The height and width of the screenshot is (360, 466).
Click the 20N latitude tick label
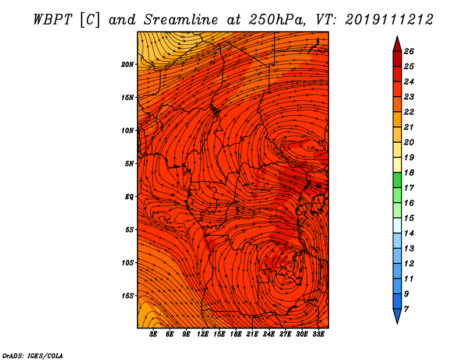[x=128, y=65]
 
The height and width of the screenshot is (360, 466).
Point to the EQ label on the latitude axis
[x=129, y=197]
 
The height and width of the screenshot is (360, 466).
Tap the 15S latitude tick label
[x=128, y=296]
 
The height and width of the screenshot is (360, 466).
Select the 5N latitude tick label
[x=129, y=164]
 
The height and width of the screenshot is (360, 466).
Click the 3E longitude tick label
[x=153, y=334]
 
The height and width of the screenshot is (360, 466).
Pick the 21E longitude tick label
[x=252, y=334]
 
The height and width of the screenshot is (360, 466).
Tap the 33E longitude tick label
[x=318, y=334]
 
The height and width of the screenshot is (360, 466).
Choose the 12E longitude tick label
[x=202, y=334]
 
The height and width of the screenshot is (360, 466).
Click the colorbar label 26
[x=409, y=51]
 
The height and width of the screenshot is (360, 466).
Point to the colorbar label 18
[x=409, y=172]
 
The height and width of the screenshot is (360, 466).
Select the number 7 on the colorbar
[x=406, y=309]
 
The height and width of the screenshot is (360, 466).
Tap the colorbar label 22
[x=409, y=112]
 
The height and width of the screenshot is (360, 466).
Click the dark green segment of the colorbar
[x=397, y=180]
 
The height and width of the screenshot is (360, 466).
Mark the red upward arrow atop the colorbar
[x=397, y=45]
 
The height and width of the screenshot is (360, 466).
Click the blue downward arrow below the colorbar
[x=397, y=316]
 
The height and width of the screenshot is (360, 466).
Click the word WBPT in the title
[x=52, y=20]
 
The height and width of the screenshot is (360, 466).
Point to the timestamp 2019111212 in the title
[x=389, y=20]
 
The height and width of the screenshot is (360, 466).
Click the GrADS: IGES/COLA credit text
[x=33, y=356]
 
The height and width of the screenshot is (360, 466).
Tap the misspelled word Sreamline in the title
[x=181, y=20]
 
